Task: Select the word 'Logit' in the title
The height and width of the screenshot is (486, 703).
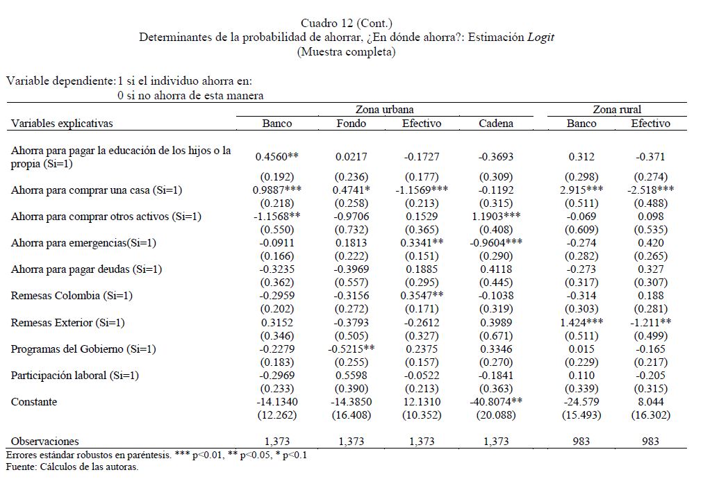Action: point(540,37)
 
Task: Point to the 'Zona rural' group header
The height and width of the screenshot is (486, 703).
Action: point(616,110)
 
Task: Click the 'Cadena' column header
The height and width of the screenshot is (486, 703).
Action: point(496,124)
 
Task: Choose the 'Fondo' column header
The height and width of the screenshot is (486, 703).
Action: point(351,124)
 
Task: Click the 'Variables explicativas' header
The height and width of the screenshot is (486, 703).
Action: point(62,124)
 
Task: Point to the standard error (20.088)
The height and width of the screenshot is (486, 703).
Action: point(496,415)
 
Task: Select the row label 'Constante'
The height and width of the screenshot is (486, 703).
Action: point(34,402)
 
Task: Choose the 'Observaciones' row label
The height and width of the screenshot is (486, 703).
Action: point(45,441)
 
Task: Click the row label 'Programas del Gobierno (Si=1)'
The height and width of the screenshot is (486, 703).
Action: point(83,349)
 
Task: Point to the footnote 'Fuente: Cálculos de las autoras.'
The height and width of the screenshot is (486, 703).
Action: point(72,467)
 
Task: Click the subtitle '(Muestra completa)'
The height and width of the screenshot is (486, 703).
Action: point(346,51)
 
